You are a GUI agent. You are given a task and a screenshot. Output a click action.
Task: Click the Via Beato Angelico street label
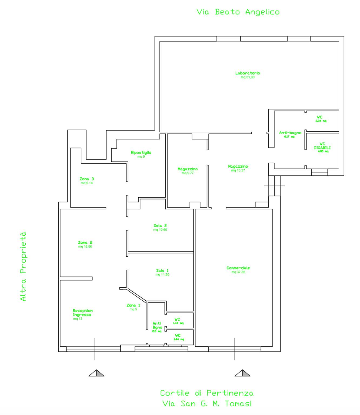[238, 12]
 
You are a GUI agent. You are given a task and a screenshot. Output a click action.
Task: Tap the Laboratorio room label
[248, 73]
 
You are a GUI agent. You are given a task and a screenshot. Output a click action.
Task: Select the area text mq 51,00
[248, 77]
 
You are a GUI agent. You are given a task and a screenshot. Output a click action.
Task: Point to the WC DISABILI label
[322, 146]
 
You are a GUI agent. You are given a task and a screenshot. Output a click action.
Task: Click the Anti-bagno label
[290, 133]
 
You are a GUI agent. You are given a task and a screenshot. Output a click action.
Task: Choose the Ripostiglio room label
[141, 152]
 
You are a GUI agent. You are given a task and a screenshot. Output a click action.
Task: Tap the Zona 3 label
[87, 179]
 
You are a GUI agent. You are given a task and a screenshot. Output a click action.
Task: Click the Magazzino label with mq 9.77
[188, 169]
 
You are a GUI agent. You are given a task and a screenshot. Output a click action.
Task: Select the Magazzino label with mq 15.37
[238, 166]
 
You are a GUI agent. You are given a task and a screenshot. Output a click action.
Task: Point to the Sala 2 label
[160, 225]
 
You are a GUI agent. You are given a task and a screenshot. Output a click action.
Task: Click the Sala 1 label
[162, 270]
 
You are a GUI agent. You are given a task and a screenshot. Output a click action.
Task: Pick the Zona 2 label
[85, 243]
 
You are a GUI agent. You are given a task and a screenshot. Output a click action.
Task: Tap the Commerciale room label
[238, 268]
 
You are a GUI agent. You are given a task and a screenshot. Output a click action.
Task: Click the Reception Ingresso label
[83, 313]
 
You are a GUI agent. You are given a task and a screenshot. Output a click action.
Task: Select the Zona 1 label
[134, 305]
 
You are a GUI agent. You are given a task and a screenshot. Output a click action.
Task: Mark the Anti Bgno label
[157, 325]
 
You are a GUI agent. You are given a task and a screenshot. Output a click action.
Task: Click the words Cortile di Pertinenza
[207, 393]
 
